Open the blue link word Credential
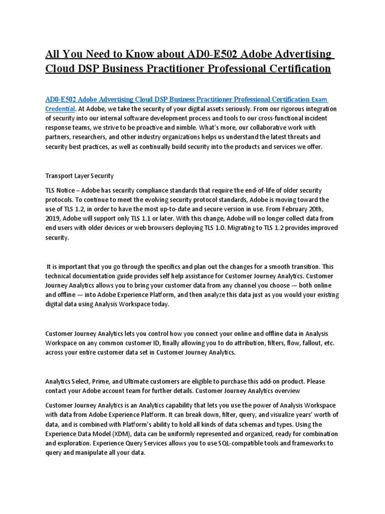60,108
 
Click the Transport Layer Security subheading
80,176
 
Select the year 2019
54,219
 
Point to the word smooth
270,267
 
